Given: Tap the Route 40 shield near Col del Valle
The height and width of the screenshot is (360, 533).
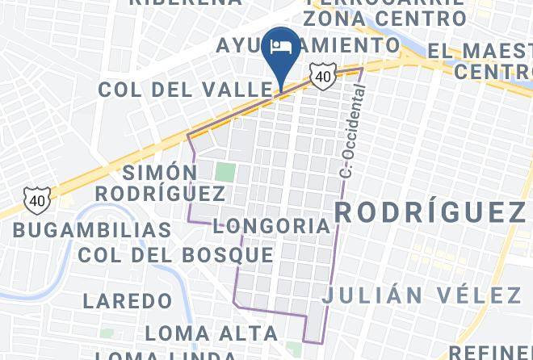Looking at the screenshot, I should coord(322,76).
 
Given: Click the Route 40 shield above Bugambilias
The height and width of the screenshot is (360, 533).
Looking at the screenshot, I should coord(36,199).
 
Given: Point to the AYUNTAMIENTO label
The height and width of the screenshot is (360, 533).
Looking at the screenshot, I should coord(307,45).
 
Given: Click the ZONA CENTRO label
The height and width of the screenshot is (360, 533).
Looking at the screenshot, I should coord(385,17).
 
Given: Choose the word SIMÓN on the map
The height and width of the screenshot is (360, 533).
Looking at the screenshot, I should coord(160,173).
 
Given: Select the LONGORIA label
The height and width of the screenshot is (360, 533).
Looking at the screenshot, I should coord(272,226).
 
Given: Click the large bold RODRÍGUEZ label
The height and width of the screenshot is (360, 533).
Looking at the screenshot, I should coord(430,212).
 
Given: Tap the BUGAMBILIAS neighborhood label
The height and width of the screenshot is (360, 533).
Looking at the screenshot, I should coord(92,230).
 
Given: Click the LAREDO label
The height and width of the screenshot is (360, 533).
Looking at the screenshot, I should coord(128,302).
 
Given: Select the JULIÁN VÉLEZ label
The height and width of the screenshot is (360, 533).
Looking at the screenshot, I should coord(422,295).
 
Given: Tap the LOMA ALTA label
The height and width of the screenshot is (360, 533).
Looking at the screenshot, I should coord(211,333).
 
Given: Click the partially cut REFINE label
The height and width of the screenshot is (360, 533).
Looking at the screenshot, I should coord(490,353).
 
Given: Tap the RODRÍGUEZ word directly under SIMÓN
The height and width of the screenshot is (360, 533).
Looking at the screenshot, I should coord(160,194).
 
